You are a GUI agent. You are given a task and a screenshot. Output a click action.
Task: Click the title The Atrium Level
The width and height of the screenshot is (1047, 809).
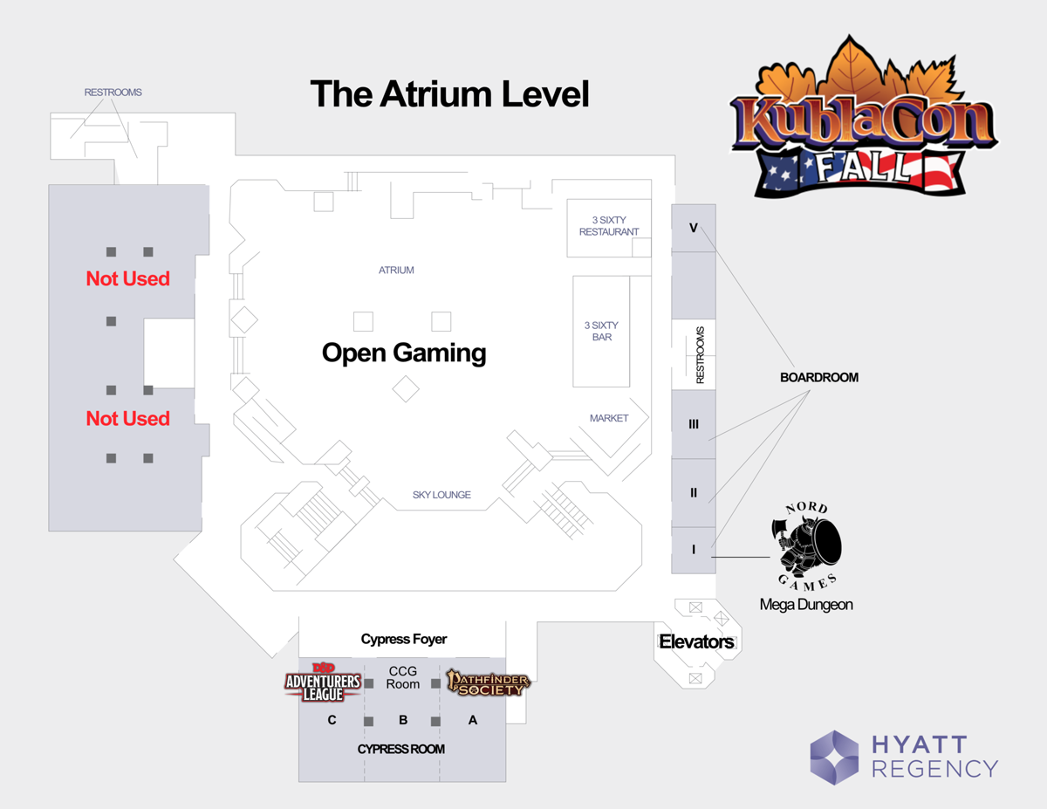coord(449,94)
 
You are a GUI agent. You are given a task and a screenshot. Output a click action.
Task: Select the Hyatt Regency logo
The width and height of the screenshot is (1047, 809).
coord(904,757)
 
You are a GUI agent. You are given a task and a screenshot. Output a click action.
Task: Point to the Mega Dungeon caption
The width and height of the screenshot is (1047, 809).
coord(806,604)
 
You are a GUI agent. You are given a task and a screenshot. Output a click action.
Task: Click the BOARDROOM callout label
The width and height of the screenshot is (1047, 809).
coord(818,378)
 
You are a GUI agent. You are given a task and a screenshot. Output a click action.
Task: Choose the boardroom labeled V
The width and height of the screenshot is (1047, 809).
coord(694,228)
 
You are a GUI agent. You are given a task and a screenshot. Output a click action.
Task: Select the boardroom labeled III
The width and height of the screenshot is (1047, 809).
coord(694,424)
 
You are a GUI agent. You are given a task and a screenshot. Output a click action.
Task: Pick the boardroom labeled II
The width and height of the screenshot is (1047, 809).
coord(694,493)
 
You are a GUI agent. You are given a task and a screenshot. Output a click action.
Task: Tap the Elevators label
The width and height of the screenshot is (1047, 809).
coord(696,642)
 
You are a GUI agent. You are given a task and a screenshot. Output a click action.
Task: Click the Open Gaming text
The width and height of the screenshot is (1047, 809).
coord(404,353)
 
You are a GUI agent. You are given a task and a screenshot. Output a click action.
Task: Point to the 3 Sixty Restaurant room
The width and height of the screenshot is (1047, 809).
coord(608,227)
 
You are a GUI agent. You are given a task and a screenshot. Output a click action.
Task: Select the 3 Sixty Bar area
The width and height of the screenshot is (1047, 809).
coord(601,331)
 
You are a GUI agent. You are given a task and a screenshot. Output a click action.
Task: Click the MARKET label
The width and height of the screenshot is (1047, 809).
coord(609,418)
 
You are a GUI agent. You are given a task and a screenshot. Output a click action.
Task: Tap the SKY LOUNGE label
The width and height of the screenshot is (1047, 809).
coord(441,495)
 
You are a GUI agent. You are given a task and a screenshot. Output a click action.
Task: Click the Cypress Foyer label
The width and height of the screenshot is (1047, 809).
coord(404,639)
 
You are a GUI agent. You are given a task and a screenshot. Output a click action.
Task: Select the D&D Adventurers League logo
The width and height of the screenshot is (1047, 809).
coord(323,683)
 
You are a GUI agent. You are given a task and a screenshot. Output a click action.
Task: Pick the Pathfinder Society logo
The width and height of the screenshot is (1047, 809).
coord(488,682)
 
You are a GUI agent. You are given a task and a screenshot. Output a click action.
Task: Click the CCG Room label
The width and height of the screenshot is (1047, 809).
coord(403,677)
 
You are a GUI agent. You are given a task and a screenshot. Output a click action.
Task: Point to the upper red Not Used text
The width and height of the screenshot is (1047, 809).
coord(127,278)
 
